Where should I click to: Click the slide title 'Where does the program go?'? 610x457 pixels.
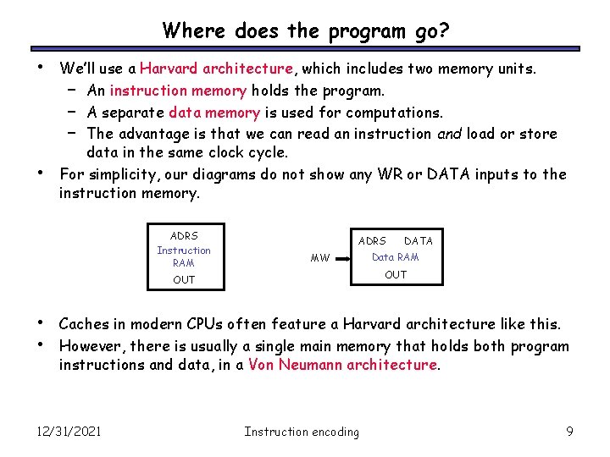click(305, 31)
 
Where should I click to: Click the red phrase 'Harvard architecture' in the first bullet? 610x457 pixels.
click(216, 69)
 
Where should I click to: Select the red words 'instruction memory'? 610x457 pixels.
click(178, 91)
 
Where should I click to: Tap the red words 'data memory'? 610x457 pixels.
click(214, 112)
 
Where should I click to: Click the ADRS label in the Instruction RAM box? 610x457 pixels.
click(184, 236)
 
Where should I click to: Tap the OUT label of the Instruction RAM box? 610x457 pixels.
click(184, 279)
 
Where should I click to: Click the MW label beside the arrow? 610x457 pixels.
click(320, 258)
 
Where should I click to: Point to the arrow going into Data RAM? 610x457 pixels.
click(344, 257)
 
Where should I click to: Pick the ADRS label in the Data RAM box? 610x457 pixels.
click(372, 241)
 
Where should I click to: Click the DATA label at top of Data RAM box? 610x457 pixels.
click(418, 241)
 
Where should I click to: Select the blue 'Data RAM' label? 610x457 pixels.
click(395, 257)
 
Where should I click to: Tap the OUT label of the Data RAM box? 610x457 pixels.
click(395, 275)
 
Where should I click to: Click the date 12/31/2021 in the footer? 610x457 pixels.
click(69, 432)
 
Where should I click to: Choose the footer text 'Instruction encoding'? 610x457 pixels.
click(301, 432)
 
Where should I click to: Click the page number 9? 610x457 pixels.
click(569, 432)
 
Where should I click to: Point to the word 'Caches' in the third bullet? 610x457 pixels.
click(83, 324)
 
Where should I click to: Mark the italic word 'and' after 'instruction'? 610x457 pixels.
click(449, 133)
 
